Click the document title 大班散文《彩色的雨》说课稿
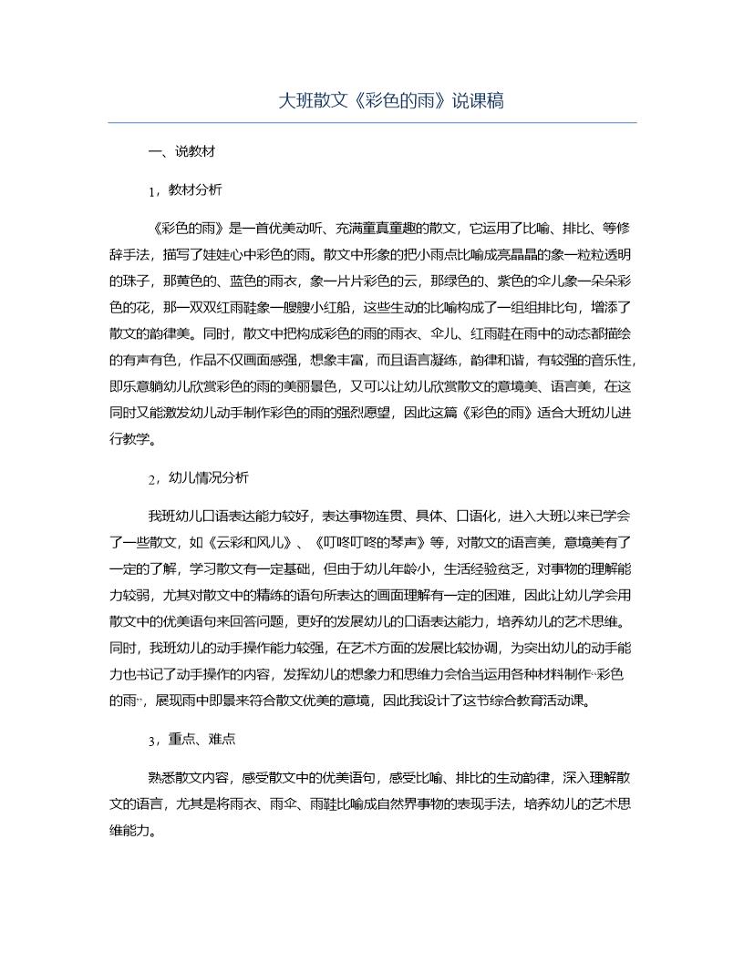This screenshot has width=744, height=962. pyautogui.click(x=390, y=100)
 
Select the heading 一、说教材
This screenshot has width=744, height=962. pyautogui.click(x=181, y=152)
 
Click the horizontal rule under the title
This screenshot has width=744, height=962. pyautogui.click(x=372, y=123)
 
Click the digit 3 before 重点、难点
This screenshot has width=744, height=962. pyautogui.click(x=150, y=741)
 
